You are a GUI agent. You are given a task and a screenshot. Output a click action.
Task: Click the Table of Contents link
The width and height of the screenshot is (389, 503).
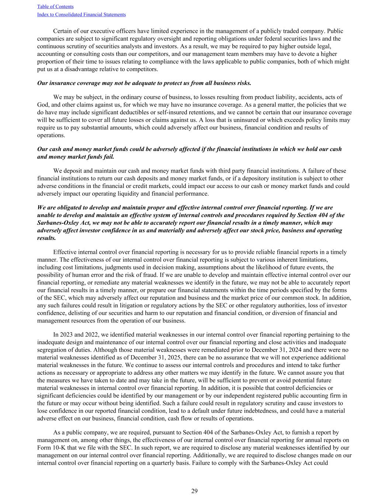(55, 7)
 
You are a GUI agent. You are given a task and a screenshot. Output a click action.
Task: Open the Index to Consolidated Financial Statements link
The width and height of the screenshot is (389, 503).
(81, 15)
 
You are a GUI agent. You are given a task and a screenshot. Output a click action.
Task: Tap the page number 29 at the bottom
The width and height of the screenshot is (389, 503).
(194, 491)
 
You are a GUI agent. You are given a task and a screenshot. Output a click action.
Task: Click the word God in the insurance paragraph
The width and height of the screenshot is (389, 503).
(43, 105)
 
